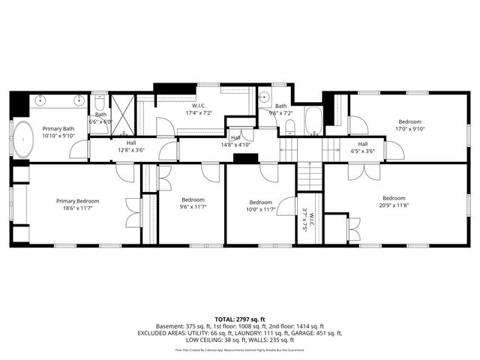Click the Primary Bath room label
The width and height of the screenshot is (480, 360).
point(58,128)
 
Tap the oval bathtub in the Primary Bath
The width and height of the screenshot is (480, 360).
point(24,140)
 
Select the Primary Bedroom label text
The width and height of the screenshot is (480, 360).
point(77,201)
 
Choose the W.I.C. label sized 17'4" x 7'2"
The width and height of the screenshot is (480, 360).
point(199,107)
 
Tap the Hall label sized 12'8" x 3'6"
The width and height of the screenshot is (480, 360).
point(131,142)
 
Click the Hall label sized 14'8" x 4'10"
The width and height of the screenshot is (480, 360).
point(235,138)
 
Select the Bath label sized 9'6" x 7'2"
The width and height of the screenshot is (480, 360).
point(280,106)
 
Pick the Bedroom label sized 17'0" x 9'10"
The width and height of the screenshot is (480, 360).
point(410,121)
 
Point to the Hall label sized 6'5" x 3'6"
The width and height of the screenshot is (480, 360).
point(363,144)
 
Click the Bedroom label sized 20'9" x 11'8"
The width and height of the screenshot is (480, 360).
point(399,198)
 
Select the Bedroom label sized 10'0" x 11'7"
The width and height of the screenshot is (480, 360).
point(260,202)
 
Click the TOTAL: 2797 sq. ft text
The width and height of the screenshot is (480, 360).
point(239,319)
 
